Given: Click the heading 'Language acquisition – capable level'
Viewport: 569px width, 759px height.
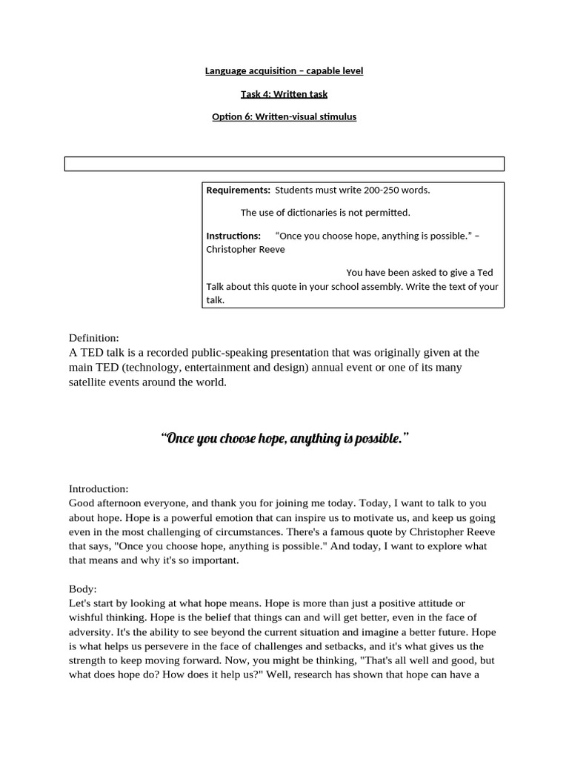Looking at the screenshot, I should pos(284,71).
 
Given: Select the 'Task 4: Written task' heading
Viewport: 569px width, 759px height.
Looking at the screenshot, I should pos(284,94).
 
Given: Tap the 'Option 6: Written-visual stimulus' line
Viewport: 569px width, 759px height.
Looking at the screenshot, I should pos(284,117).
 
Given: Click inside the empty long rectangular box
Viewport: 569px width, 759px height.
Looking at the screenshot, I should pos(284,164).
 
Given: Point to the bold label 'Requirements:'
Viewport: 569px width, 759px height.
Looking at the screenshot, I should pos(238,190).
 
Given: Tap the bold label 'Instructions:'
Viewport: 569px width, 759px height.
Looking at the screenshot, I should pos(233,236).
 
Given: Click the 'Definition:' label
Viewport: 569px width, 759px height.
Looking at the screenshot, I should pos(94,338).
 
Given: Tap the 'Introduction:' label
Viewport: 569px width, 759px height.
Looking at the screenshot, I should pos(99,489).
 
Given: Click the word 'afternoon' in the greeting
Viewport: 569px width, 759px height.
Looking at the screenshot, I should pos(122,503).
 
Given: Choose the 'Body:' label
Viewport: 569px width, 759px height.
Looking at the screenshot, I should pos(83,589).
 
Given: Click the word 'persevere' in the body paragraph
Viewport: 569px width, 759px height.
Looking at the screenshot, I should pos(187,646).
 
